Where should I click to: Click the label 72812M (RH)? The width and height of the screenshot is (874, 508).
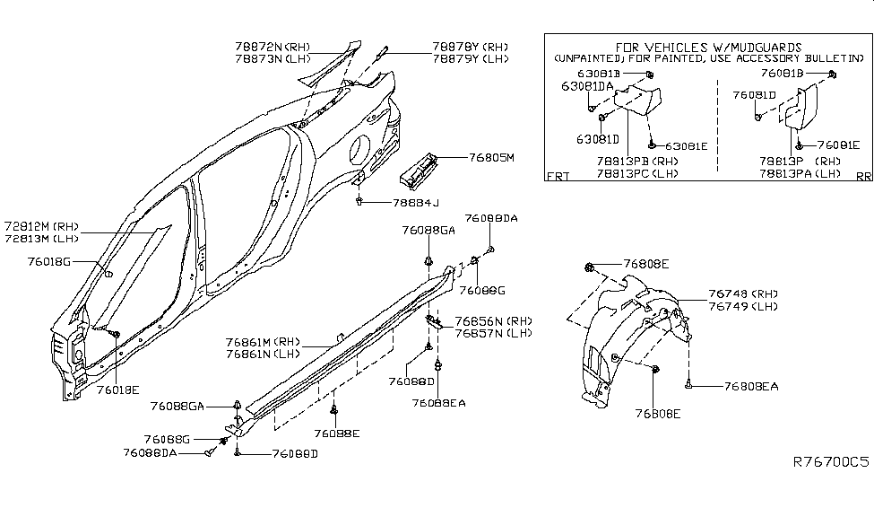41,226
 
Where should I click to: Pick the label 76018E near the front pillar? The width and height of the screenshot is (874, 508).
117,390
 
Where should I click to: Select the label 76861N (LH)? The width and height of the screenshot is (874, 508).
259,355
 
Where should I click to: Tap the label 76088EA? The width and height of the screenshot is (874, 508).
439,403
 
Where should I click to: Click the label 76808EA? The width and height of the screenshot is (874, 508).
750,387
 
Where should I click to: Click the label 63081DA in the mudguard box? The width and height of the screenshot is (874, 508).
588,87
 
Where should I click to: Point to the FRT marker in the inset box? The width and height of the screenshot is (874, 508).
558,177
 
